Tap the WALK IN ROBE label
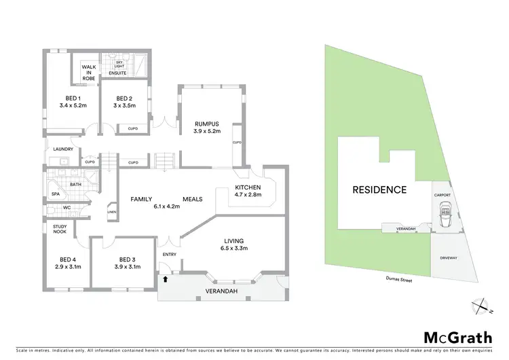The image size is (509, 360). [x=89, y=73]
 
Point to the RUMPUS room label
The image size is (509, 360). [x=205, y=123]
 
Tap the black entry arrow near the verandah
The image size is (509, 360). [x=165, y=278]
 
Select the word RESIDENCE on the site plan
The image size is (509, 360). [x=379, y=190]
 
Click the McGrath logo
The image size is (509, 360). [x=457, y=337]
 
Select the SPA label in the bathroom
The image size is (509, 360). [x=55, y=194]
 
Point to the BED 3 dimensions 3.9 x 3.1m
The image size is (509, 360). [x=128, y=267]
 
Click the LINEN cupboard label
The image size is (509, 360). [x=111, y=213]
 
